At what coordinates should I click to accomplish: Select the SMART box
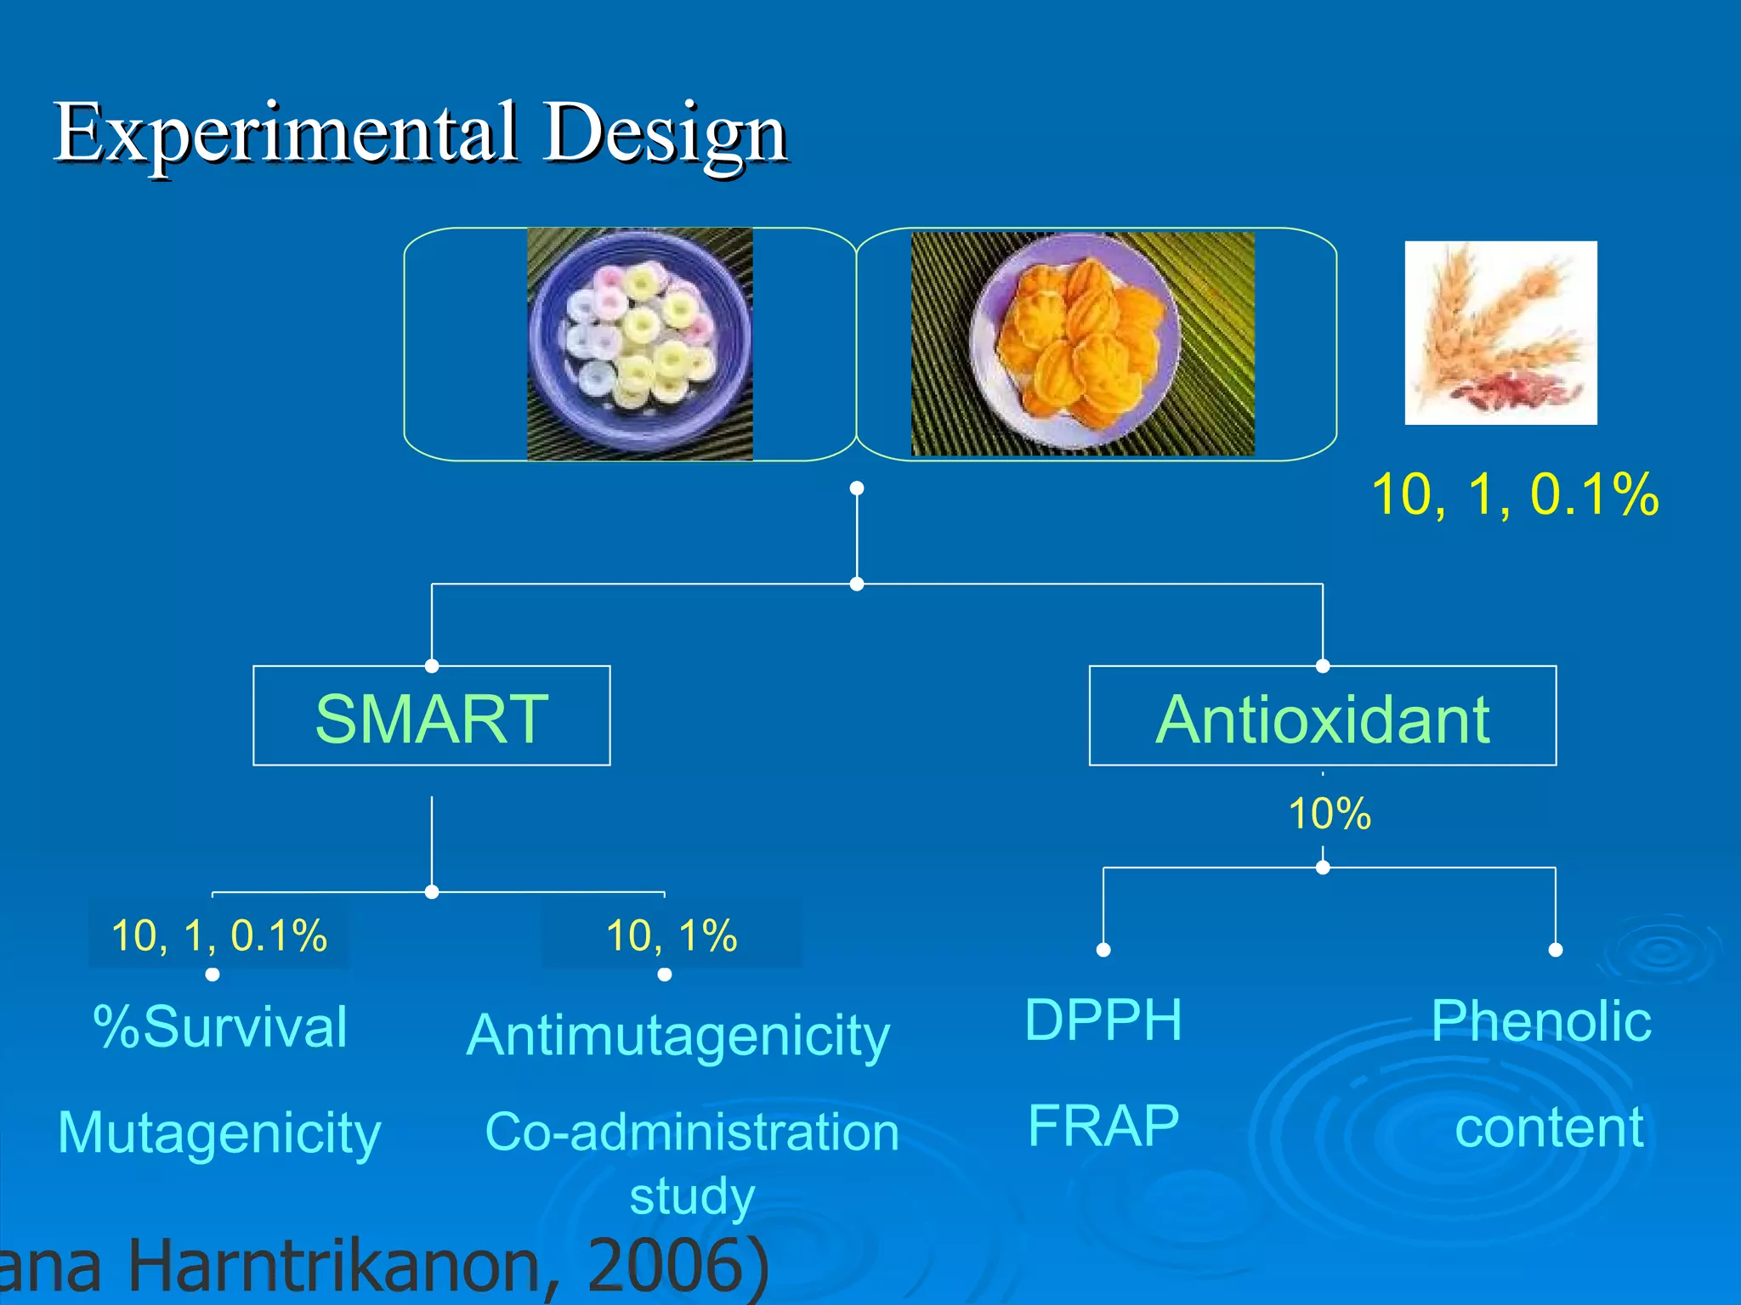(x=431, y=716)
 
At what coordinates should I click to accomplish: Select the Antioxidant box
(x=1322, y=716)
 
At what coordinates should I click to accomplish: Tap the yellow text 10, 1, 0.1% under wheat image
(x=1514, y=494)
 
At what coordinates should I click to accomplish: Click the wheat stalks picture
(x=1500, y=332)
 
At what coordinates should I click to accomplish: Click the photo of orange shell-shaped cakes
(x=1081, y=344)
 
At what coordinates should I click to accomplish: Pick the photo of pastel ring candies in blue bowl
(x=639, y=344)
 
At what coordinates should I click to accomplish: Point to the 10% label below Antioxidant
(x=1329, y=814)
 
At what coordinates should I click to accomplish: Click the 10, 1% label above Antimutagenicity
(x=671, y=935)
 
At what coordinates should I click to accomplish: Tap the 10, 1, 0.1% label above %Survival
(x=218, y=935)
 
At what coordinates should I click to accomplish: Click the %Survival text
(x=220, y=1027)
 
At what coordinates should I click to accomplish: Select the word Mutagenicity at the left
(x=219, y=1133)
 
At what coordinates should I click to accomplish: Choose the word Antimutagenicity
(x=678, y=1036)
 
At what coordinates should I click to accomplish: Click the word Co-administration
(x=691, y=1133)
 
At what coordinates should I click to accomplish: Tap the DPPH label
(x=1103, y=1020)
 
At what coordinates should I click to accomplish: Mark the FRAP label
(x=1103, y=1126)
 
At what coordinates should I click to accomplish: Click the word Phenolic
(x=1540, y=1020)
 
